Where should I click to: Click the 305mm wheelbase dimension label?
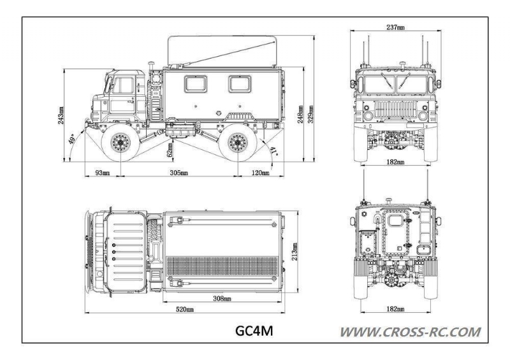[179, 173]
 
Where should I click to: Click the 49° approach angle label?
[73, 138]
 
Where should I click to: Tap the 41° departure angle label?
[274, 151]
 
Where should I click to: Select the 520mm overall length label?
[186, 309]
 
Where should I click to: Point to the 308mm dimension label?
[221, 298]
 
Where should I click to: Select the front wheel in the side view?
[119, 144]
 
